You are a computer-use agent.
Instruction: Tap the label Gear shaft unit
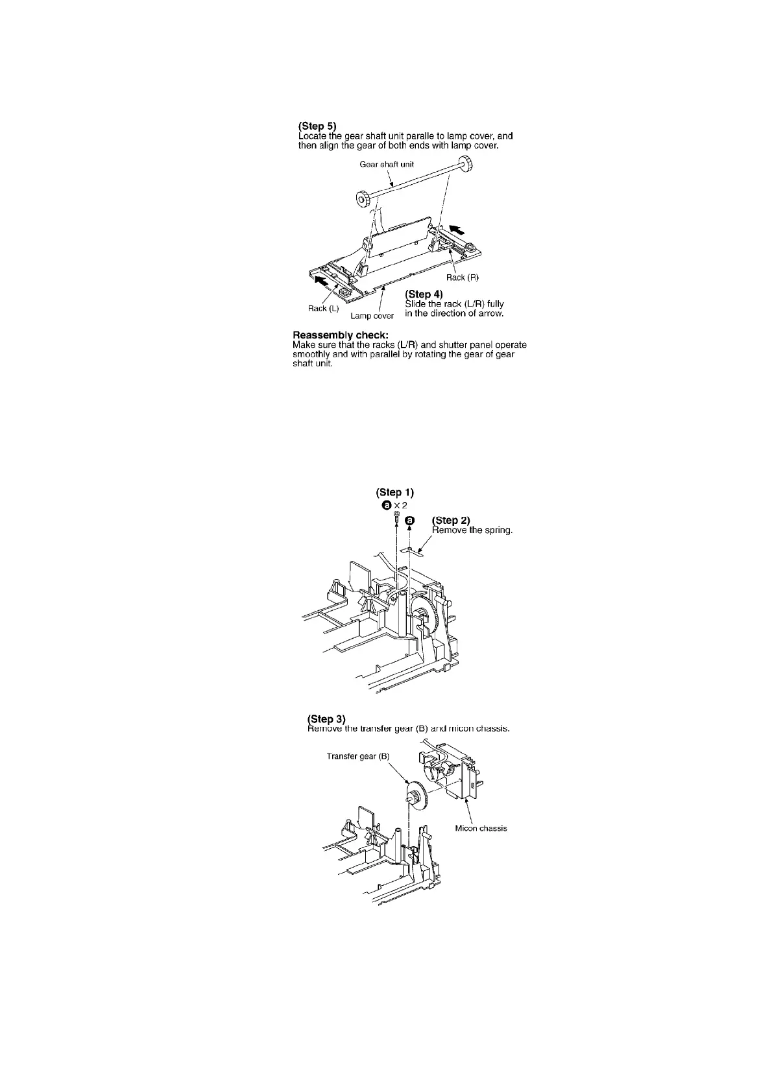tap(387, 164)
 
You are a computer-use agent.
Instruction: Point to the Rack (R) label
tap(462, 278)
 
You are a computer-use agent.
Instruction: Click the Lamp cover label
tap(372, 316)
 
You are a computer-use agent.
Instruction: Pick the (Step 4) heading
tap(424, 294)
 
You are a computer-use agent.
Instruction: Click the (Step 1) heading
tap(394, 492)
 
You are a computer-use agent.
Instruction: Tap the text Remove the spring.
tap(472, 530)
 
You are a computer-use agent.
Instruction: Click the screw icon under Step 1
tap(395, 517)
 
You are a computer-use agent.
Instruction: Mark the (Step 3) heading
tap(326, 719)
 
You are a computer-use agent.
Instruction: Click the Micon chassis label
tap(481, 828)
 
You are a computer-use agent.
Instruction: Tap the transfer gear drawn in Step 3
tap(413, 794)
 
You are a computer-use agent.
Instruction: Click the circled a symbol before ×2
tap(387, 505)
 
